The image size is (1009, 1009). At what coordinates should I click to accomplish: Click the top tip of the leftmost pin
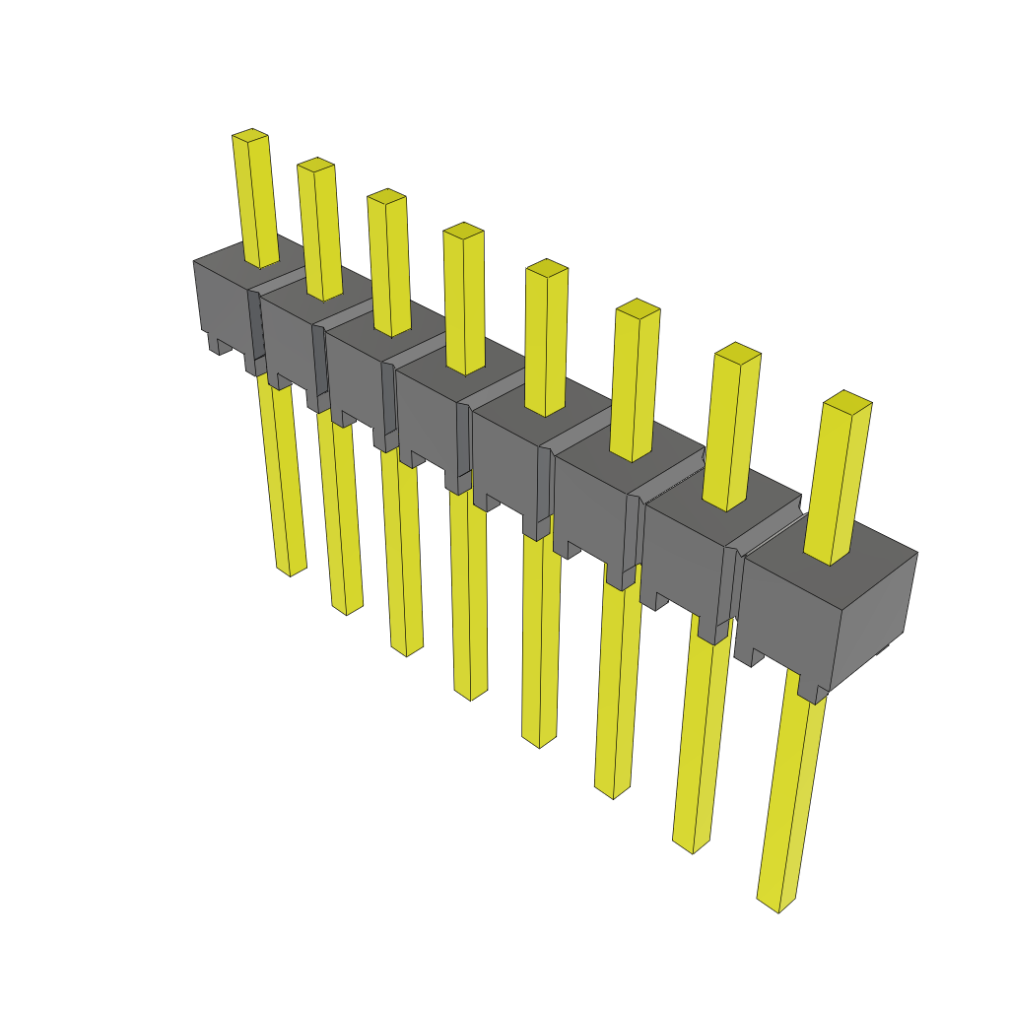click(x=250, y=135)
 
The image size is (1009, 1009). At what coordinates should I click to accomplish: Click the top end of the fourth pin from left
click(x=463, y=231)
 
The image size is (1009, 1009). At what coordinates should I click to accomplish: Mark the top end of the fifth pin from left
click(x=547, y=267)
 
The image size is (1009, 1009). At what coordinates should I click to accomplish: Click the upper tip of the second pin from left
click(x=315, y=164)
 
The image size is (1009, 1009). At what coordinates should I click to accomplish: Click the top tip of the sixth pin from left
click(x=638, y=307)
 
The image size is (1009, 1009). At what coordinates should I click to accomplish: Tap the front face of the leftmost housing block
click(x=223, y=301)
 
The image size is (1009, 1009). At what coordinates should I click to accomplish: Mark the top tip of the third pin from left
click(x=386, y=196)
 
